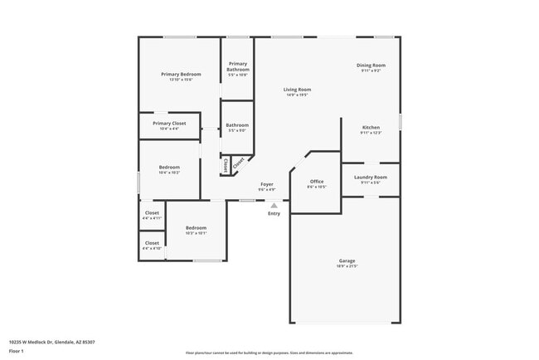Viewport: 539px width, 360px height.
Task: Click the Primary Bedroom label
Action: click(181, 75)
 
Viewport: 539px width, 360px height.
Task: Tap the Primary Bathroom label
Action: click(238, 64)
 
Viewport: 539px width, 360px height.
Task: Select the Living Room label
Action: click(297, 89)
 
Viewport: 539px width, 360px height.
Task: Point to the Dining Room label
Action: click(371, 65)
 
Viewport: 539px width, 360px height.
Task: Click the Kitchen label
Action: click(371, 127)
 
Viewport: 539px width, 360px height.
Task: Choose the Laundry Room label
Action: click(371, 177)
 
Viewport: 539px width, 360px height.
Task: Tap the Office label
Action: click(317, 181)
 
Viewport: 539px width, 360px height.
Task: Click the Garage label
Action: click(346, 260)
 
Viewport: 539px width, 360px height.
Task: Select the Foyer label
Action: click(267, 184)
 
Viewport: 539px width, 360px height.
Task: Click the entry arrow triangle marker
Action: click(274, 205)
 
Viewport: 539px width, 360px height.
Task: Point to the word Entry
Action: click(274, 213)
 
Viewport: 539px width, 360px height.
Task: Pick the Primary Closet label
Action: click(169, 124)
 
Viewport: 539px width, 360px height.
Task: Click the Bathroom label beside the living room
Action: click(237, 125)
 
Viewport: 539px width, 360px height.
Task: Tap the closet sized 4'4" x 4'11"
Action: click(152, 213)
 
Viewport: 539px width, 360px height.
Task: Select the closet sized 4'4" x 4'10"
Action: click(152, 243)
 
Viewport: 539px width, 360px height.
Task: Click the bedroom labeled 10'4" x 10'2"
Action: click(168, 167)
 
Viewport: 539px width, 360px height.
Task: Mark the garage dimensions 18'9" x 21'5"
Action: click(346, 266)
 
